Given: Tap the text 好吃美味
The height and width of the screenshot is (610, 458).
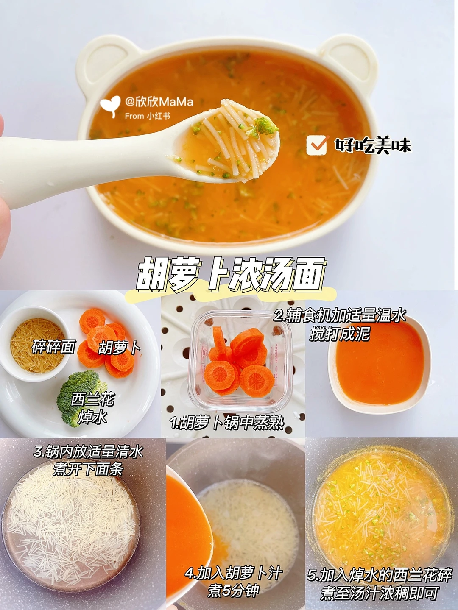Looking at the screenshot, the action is point(372,145).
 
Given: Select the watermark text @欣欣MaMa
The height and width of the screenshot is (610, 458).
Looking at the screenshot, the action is point(159,102).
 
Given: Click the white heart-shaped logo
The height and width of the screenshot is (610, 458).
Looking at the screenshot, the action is point(110,106).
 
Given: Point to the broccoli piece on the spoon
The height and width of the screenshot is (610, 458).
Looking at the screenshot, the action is point(265,127).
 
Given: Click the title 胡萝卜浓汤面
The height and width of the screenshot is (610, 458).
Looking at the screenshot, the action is point(231,274).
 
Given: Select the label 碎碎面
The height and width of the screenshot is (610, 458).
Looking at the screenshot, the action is point(53,347).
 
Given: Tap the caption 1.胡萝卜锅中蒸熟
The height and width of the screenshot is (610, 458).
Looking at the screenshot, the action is point(227,423).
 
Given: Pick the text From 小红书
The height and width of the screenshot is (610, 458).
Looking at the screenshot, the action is point(147,116).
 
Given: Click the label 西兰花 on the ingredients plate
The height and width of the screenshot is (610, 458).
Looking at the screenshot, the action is point(92,399).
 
